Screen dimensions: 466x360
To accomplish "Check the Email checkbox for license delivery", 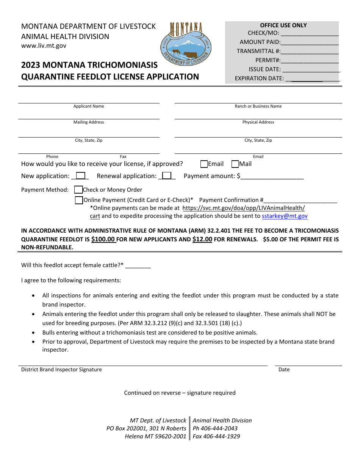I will pyautogui.click(x=204, y=164).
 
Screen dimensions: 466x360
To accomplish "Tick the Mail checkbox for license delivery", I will pyautogui.click(x=235, y=164).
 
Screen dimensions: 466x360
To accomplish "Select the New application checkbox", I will pyautogui.click(x=80, y=176).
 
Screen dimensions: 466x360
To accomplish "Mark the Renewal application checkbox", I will pyautogui.click(x=167, y=176).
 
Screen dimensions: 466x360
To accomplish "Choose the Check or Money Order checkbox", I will pyautogui.click(x=78, y=190).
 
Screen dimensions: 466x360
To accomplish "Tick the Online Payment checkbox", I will pyautogui.click(x=79, y=200).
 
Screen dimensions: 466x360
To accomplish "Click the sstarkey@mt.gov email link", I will pyautogui.click(x=285, y=216).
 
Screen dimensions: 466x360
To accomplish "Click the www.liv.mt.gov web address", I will pyautogui.click(x=44, y=45).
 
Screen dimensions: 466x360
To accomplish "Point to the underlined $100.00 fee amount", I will pyautogui.click(x=103, y=239).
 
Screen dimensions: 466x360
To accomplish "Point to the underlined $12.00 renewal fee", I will pyautogui.click(x=202, y=239).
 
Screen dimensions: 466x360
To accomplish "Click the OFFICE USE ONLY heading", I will pyautogui.click(x=283, y=25).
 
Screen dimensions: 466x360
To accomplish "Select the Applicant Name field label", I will pyautogui.click(x=89, y=106).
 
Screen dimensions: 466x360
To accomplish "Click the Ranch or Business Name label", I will pyautogui.click(x=258, y=106).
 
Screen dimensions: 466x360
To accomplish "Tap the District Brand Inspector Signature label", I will pyautogui.click(x=61, y=369).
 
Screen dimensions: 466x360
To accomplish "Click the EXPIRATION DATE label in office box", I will pyautogui.click(x=259, y=78).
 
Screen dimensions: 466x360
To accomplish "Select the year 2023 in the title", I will pyautogui.click(x=31, y=65).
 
